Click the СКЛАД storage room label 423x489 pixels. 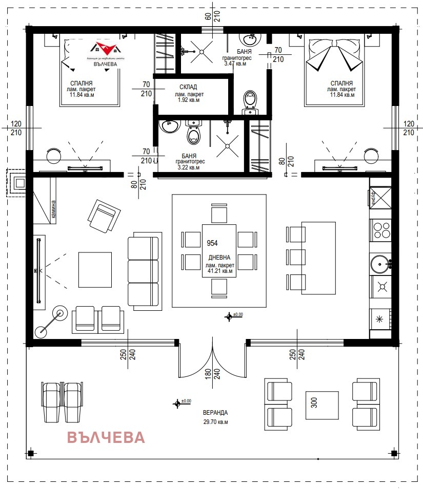click(189, 87)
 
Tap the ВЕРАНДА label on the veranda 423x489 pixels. click(215, 412)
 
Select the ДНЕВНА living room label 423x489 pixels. click(220, 258)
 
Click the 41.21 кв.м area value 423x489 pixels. click(220, 272)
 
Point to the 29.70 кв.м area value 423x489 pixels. click(215, 422)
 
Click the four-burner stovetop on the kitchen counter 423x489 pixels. click(381, 230)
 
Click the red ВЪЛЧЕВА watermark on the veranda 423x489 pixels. click(106, 438)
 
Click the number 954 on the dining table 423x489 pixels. click(211, 243)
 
